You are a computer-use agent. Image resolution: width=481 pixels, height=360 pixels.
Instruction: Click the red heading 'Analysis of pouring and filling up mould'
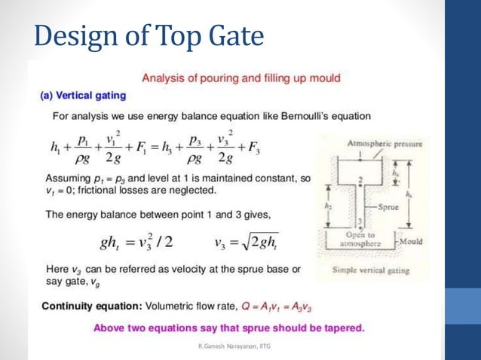pyautogui.click(x=241, y=78)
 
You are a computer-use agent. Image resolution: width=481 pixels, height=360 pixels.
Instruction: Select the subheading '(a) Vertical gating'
pyautogui.click(x=82, y=96)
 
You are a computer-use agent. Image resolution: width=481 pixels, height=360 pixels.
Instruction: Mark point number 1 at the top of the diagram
pyautogui.click(x=361, y=154)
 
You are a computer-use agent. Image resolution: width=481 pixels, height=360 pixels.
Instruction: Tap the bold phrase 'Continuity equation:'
pyautogui.click(x=90, y=307)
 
